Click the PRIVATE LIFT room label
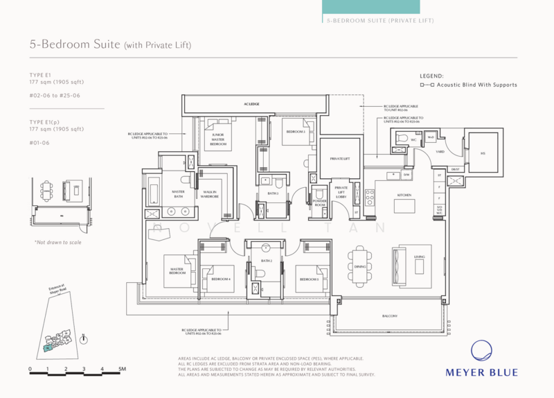click(x=339, y=159)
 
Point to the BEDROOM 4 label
click(x=220, y=279)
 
